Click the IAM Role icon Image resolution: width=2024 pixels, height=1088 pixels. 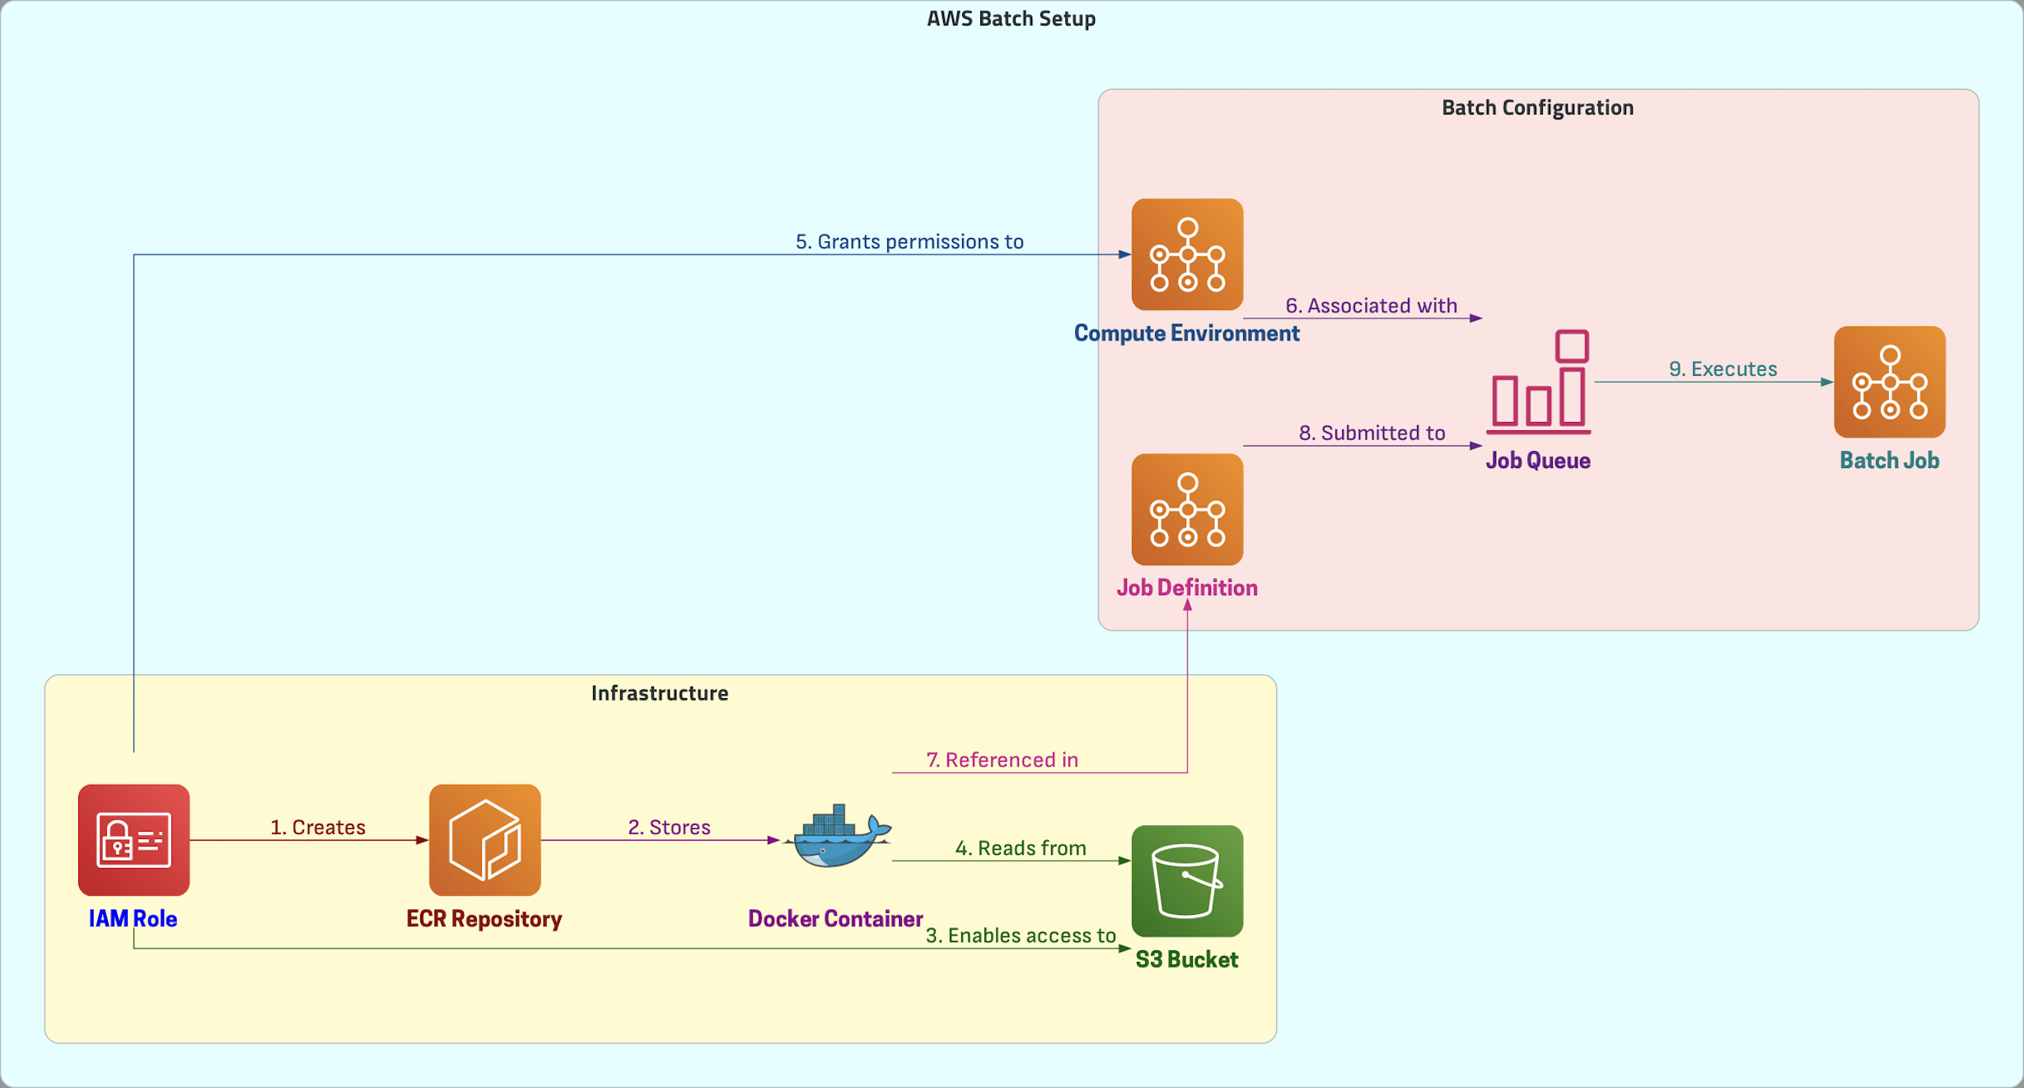click(133, 839)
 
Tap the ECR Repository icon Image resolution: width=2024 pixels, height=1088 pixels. click(484, 839)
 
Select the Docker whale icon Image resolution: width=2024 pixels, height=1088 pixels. click(836, 837)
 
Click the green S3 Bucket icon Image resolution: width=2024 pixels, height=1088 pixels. click(1187, 880)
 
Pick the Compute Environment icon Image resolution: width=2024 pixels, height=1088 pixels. click(1187, 254)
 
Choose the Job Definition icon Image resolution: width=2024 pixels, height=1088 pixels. click(1187, 509)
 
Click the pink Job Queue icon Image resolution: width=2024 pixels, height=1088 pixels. click(1538, 382)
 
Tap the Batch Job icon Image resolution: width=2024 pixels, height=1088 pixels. click(1889, 382)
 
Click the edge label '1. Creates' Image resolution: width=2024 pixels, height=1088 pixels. click(318, 827)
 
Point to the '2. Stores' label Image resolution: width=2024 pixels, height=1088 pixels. click(669, 827)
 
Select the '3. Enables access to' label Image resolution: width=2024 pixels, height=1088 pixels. click(1021, 936)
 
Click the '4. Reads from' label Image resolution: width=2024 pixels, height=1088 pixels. click(1021, 848)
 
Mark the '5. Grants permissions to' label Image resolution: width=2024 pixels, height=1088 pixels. click(909, 242)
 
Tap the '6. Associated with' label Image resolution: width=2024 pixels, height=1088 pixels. click(1372, 306)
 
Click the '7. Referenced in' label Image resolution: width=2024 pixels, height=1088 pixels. click(1002, 760)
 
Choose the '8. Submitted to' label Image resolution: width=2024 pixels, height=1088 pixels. click(1372, 434)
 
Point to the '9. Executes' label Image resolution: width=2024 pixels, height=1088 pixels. click(1723, 369)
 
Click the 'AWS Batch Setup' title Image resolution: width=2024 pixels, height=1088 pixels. click(1011, 18)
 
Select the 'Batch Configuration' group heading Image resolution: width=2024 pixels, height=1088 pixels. click(1537, 107)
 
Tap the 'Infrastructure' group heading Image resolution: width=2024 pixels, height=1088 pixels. click(659, 693)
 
